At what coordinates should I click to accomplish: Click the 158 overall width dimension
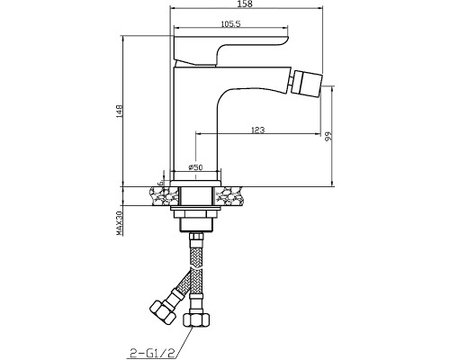(x=246, y=4)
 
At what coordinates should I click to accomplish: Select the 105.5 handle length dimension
(x=230, y=24)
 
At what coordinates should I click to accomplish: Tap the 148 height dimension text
(x=119, y=112)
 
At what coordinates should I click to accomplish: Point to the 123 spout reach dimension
(x=258, y=130)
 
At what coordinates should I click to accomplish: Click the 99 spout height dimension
(x=329, y=136)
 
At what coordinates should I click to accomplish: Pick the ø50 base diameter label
(x=195, y=167)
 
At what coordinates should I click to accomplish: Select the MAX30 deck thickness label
(x=120, y=223)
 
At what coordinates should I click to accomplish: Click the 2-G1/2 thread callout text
(x=152, y=352)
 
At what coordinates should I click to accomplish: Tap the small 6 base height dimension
(x=160, y=182)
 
